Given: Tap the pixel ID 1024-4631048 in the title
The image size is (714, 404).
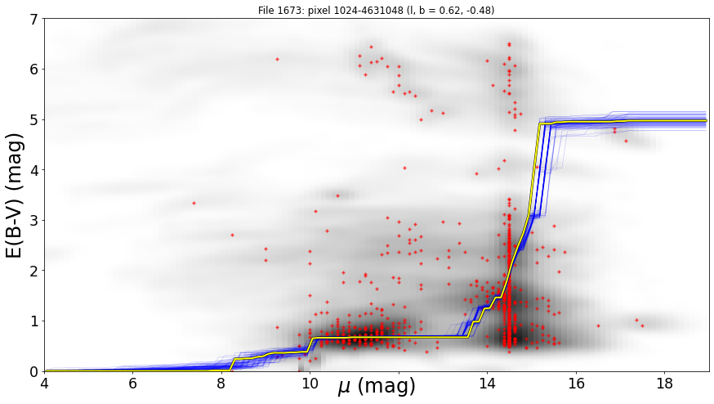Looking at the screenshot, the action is coord(363,10).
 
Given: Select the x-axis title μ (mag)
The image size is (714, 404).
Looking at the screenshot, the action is coord(376,386).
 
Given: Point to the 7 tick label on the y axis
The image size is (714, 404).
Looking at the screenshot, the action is coord(34,19).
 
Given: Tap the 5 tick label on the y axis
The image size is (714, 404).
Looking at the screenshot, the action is coord(34,120).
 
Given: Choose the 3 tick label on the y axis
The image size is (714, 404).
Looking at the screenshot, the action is coord(34,221).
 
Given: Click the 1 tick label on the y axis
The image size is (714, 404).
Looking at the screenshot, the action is coord(34,321).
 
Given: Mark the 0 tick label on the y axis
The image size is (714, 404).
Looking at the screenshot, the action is coord(34,371).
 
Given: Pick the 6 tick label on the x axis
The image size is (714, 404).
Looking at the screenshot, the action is coord(132,383).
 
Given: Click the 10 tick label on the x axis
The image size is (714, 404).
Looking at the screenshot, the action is coord(310,383).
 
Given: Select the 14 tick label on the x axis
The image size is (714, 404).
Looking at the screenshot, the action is coord(487,383).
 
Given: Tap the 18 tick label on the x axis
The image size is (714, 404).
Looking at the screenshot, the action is coord(665,383).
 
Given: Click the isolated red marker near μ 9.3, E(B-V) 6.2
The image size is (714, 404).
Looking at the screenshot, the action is coord(277,59).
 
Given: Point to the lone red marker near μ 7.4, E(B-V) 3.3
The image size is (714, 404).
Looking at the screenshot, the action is coord(194,203).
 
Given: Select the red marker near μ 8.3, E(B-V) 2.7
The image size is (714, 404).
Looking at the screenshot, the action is coord(232,235).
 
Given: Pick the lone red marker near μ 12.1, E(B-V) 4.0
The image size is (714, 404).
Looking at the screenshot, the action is coord(404,168).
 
